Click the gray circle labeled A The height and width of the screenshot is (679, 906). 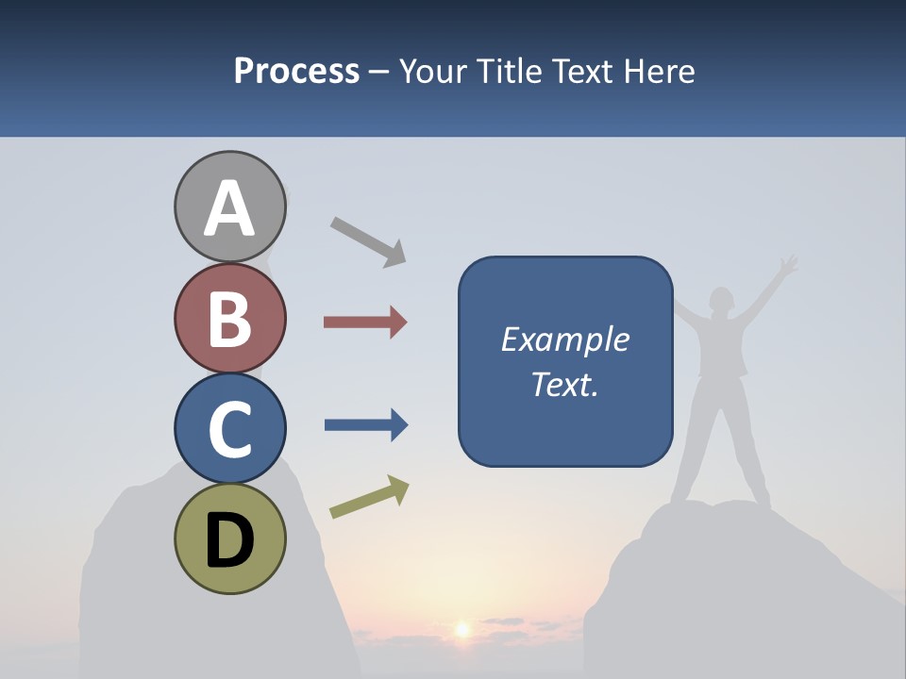coord(229,207)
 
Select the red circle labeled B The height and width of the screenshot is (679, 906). coord(229,318)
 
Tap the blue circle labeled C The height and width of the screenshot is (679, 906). coord(229,428)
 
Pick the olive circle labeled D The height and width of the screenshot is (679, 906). coord(229,538)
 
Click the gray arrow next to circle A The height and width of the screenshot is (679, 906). coord(368,241)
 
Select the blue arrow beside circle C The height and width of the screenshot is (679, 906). coord(365,425)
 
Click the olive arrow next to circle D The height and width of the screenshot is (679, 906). coord(369,497)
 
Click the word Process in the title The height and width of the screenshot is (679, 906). coord(296,72)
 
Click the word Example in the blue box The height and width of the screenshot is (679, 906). coord(564,339)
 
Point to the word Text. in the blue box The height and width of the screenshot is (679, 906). coord(564,384)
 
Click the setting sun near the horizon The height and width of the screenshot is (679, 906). coord(462,628)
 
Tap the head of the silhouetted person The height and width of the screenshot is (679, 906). coord(721,300)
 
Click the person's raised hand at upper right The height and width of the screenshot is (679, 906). coord(788,263)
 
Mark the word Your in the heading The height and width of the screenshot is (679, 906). coord(437,72)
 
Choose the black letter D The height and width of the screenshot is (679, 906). coord(229,541)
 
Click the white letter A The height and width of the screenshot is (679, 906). coord(229,208)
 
